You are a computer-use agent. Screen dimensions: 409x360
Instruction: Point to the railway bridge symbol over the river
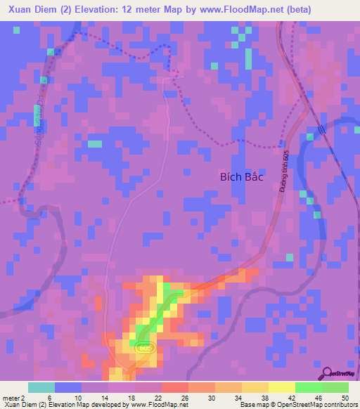coord(321,130)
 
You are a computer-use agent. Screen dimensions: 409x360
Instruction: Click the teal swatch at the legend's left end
coord(41,387)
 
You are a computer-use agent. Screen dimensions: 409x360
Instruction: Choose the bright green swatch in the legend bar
coord(308,387)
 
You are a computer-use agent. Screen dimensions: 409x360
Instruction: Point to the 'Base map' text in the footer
coord(256,405)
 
